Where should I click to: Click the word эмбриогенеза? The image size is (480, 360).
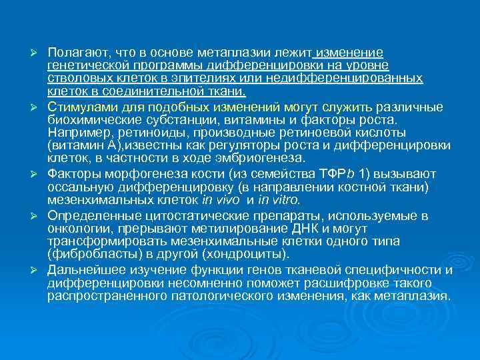[263, 158]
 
